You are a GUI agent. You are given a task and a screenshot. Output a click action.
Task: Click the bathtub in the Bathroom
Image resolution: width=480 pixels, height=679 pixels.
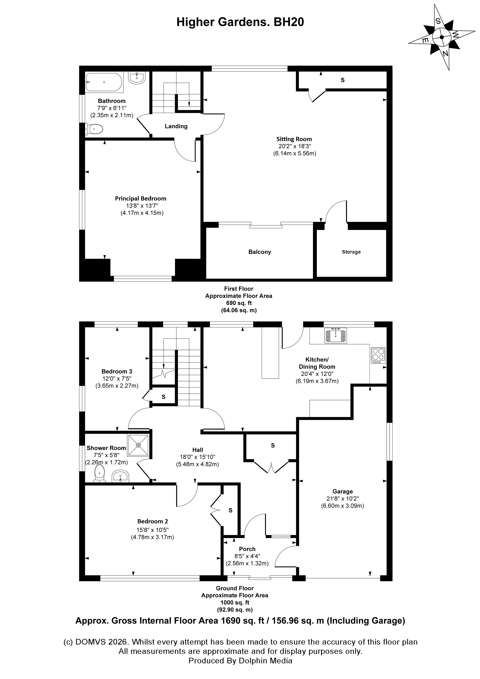(104, 82)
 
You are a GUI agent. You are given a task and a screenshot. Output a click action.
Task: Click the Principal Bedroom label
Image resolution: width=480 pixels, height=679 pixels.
(141, 198)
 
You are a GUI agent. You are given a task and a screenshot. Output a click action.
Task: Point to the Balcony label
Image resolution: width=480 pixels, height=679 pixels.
(259, 252)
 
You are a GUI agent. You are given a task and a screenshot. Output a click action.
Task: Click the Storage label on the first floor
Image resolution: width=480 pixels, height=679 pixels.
(351, 252)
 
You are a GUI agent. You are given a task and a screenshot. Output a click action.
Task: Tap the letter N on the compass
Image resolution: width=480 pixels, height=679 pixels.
(445, 54)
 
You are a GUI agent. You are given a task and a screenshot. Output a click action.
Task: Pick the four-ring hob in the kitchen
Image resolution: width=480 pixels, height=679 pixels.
(378, 355)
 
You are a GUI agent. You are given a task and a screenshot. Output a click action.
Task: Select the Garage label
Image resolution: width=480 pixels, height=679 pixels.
(342, 491)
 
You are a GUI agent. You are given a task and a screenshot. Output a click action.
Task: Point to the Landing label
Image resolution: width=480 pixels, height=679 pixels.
(176, 126)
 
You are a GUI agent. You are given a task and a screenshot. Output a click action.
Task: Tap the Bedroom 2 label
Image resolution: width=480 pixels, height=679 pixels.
(153, 521)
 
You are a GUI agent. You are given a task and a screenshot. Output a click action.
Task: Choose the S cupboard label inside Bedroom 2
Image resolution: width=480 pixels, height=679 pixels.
(230, 510)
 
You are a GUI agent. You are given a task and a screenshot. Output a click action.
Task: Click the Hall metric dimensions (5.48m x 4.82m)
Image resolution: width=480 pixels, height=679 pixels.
(197, 464)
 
